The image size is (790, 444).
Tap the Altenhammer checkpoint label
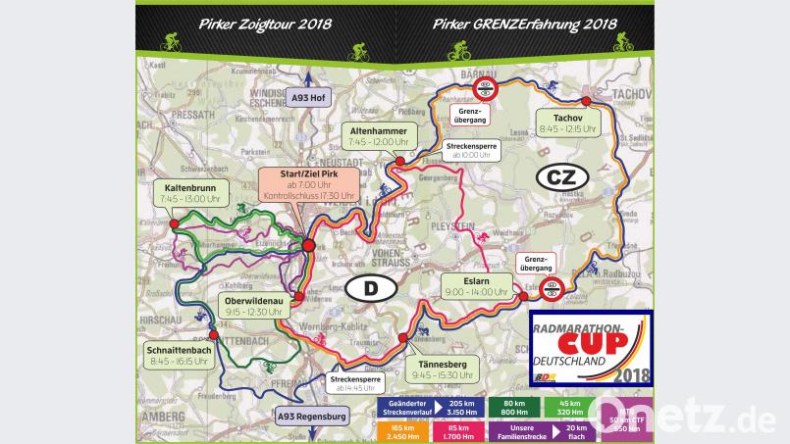pos(378,134)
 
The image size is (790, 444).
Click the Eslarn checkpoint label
pos(475,285)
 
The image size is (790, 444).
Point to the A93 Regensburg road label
pos(312,415)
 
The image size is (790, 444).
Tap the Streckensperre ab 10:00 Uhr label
pos(474,149)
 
